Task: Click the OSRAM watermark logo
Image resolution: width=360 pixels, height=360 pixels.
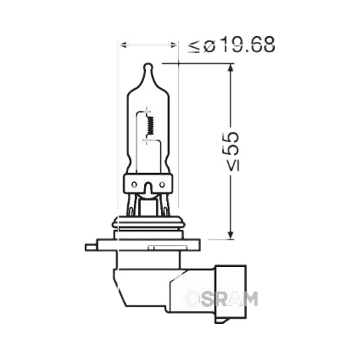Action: [222, 299]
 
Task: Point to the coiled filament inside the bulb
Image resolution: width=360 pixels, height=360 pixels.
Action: [151, 126]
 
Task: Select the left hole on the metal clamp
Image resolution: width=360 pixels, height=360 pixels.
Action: [134, 184]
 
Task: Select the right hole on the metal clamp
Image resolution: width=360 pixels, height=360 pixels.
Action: [162, 184]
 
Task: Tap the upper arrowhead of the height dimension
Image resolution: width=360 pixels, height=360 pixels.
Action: [231, 68]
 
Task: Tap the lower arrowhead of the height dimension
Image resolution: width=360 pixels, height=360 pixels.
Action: [231, 234]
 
